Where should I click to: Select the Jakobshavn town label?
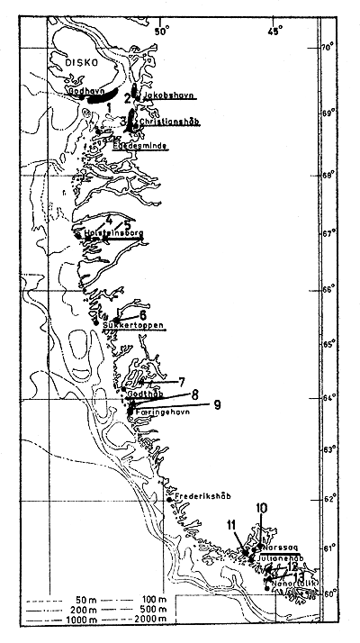tap(168, 94)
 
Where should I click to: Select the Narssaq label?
tap(280, 547)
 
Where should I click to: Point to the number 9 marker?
tap(217, 403)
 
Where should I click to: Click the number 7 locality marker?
tap(182, 382)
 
